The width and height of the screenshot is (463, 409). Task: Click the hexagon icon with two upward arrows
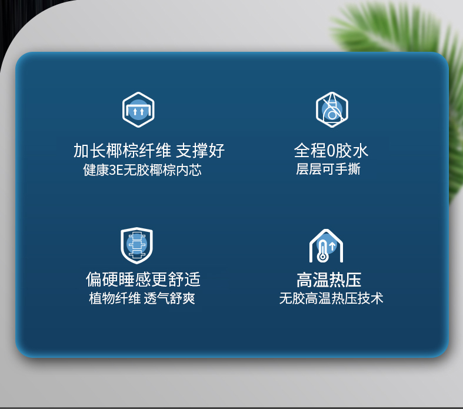[x=138, y=109]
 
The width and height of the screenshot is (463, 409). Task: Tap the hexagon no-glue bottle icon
[x=332, y=109]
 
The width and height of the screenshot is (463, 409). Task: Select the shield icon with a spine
[x=136, y=245]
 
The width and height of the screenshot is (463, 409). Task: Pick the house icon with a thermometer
[x=326, y=246]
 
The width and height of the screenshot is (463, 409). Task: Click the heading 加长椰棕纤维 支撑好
[x=149, y=151]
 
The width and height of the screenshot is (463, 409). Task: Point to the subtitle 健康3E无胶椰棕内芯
[x=142, y=170]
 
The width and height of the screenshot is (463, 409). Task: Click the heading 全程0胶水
[x=331, y=151]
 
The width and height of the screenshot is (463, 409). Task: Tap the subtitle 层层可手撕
[x=328, y=169]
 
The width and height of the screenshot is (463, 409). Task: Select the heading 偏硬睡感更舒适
[x=143, y=280]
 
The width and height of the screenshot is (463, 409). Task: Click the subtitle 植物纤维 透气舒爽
[x=142, y=298]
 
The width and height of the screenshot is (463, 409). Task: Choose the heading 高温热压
[x=329, y=280]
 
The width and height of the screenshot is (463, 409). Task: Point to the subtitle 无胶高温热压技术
[x=331, y=298]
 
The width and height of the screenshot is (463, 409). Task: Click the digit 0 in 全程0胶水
[x=331, y=151]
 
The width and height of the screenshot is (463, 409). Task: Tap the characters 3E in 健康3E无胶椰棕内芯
[x=116, y=171]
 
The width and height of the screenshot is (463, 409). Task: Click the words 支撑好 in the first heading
[x=201, y=151]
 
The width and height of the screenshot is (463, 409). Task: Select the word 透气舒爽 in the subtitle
[x=169, y=298]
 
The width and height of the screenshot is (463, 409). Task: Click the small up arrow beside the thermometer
[x=332, y=246]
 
